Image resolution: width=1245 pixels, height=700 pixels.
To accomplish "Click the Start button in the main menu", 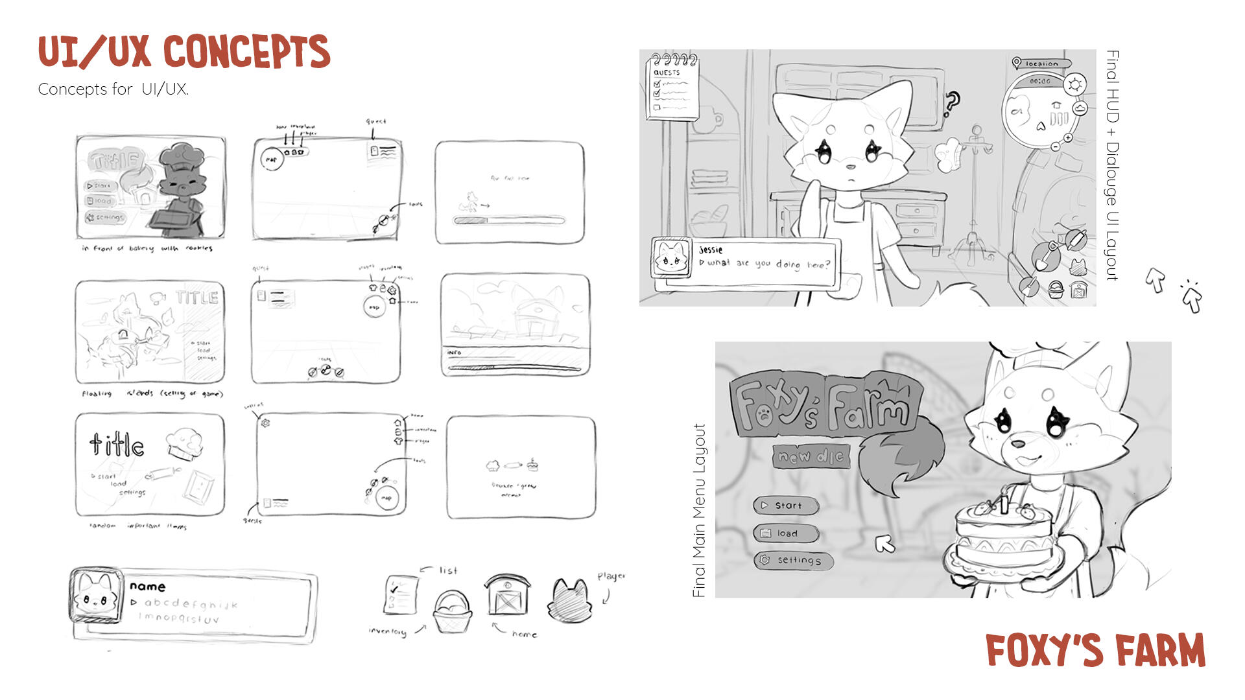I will coord(785,505).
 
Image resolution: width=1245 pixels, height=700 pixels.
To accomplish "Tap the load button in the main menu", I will coord(785,533).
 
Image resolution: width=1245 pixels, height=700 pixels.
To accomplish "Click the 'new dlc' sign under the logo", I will coord(811,457).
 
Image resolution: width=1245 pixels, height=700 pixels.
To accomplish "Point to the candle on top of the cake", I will coord(1004,502).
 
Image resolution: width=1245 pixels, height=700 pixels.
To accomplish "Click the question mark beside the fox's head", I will coord(951,104).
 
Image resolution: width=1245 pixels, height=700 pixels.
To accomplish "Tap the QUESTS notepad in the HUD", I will coord(672,89).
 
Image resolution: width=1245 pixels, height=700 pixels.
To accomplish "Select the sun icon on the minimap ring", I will coord(1075,85).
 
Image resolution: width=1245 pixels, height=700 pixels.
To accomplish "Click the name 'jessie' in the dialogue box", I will coord(711,250).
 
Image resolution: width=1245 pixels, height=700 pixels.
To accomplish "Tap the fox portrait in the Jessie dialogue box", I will coord(671,258).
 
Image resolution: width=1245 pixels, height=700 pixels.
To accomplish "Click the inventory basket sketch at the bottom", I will coord(452,612).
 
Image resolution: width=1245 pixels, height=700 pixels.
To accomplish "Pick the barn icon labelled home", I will coord(507,594).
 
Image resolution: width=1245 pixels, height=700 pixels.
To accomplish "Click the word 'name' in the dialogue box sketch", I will coord(147,587).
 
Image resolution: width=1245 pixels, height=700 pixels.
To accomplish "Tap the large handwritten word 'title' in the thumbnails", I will coord(117,445).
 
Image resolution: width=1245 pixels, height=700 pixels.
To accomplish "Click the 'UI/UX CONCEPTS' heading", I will coord(184,52).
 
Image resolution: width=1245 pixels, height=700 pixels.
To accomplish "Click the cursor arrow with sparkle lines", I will coord(1192,297).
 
